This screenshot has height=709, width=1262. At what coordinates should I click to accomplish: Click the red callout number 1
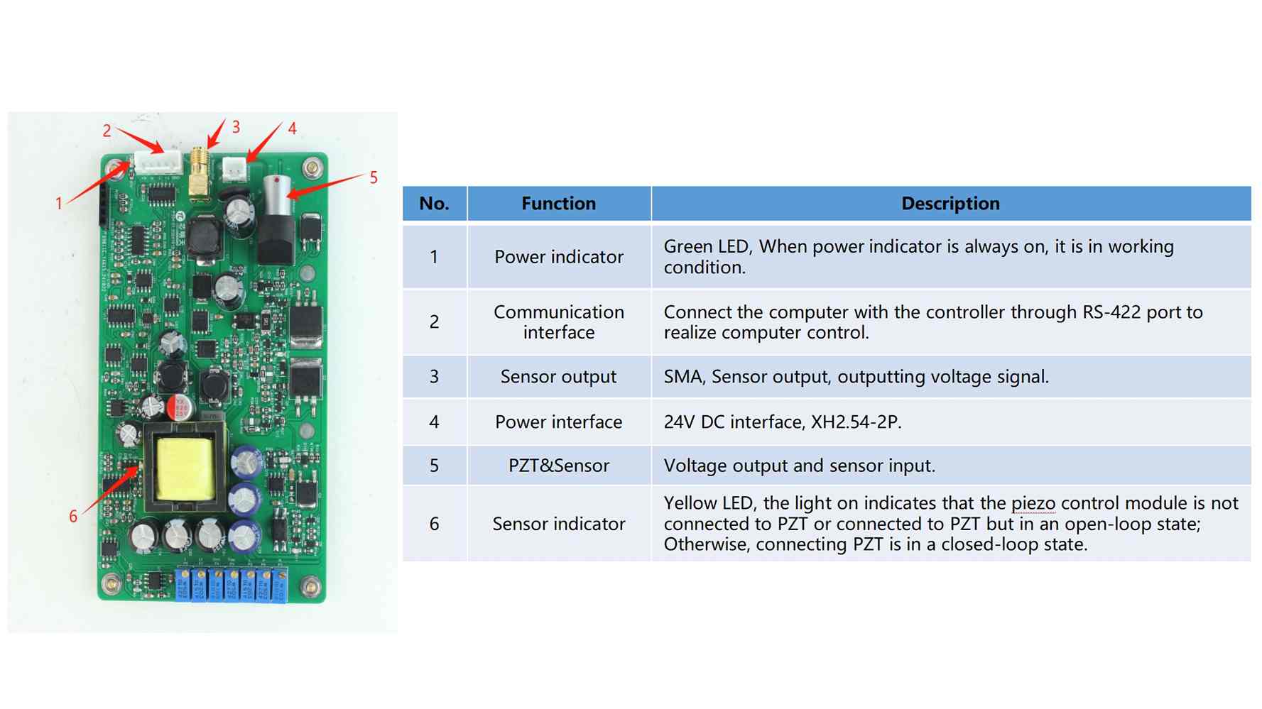pos(59,204)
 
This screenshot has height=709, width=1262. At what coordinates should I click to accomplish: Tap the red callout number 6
pos(73,517)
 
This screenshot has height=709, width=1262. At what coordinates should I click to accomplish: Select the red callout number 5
pos(374,177)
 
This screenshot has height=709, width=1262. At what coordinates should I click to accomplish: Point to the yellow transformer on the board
pos(185,468)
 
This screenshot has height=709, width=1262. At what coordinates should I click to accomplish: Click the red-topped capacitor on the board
pos(179,407)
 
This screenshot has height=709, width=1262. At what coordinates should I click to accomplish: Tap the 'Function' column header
pos(559,204)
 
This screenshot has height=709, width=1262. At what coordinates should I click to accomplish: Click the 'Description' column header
pos(950,204)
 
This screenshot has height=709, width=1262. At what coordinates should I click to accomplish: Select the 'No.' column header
pos(434,204)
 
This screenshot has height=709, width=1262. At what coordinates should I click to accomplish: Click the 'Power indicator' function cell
pos(559,257)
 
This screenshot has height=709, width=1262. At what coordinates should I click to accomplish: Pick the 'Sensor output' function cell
pos(559,377)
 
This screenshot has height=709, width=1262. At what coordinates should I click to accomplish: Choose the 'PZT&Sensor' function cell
pos(559,466)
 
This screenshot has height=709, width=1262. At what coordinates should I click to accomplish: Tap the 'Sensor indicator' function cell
pos(559,524)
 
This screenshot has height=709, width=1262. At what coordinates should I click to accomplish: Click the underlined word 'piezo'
pos(1033,504)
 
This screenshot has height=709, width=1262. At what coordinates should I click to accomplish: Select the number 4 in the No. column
pos(434,422)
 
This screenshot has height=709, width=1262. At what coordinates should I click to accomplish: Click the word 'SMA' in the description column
pos(684,377)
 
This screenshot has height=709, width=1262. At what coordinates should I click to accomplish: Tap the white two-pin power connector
pos(234,169)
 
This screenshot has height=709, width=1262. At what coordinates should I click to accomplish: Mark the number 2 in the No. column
pos(434,322)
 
